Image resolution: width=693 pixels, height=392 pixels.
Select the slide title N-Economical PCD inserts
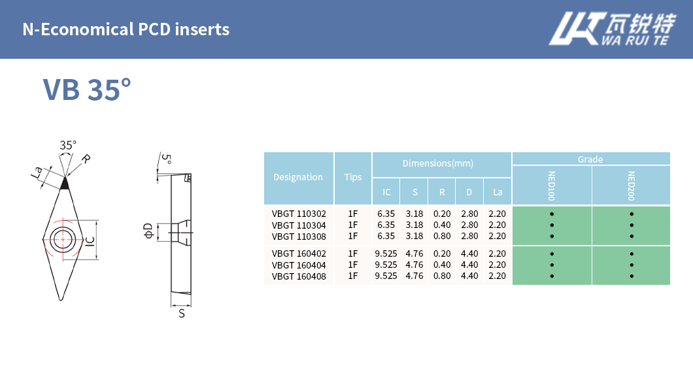126,29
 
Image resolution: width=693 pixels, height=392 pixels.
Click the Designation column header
298,177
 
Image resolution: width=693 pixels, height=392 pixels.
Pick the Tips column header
353,177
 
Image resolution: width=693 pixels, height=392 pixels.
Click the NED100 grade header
552,186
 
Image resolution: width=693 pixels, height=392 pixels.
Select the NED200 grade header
632,186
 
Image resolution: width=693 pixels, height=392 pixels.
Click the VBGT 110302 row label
299,214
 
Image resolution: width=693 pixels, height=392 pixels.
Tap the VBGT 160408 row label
299,276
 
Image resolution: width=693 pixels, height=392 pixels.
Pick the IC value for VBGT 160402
386,253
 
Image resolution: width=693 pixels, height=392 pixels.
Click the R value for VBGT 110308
442,236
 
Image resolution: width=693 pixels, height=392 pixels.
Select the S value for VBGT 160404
414,265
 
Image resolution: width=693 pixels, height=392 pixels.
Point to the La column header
498,192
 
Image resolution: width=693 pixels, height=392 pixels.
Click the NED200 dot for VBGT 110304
632,225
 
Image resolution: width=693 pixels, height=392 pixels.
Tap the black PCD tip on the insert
64,184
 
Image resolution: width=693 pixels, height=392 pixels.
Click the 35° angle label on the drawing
68,145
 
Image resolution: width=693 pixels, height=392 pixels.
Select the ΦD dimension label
148,230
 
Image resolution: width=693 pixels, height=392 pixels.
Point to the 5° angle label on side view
167,159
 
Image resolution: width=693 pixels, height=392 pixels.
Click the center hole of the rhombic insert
63,238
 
